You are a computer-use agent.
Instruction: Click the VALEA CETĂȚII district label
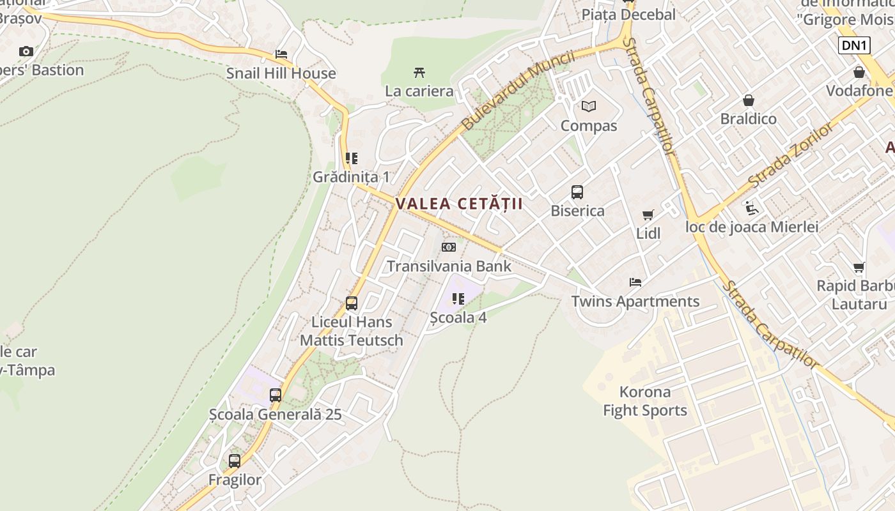(x=459, y=204)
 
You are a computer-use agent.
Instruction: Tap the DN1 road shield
(x=854, y=45)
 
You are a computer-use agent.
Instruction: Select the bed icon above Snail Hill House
(x=281, y=54)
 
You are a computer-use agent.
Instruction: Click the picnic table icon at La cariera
(x=419, y=72)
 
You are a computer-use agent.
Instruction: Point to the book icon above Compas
(x=588, y=106)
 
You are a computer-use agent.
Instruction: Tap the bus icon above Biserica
(x=577, y=192)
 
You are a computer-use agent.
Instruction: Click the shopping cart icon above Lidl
(x=648, y=215)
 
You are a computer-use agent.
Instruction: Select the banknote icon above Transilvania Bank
(x=449, y=247)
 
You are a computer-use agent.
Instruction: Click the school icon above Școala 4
(x=458, y=298)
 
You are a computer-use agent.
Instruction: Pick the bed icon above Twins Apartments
(x=635, y=282)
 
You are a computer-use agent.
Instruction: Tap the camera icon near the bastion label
(x=26, y=51)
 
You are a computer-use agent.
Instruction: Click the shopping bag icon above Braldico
(x=748, y=100)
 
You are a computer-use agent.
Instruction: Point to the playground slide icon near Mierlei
(x=752, y=208)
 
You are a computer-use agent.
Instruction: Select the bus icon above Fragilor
(x=235, y=461)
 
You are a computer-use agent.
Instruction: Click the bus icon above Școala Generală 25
(x=275, y=395)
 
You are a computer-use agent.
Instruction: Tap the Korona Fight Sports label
(x=645, y=401)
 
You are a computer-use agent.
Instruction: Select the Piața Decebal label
(x=628, y=15)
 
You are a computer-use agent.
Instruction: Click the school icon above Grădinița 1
(x=351, y=158)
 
